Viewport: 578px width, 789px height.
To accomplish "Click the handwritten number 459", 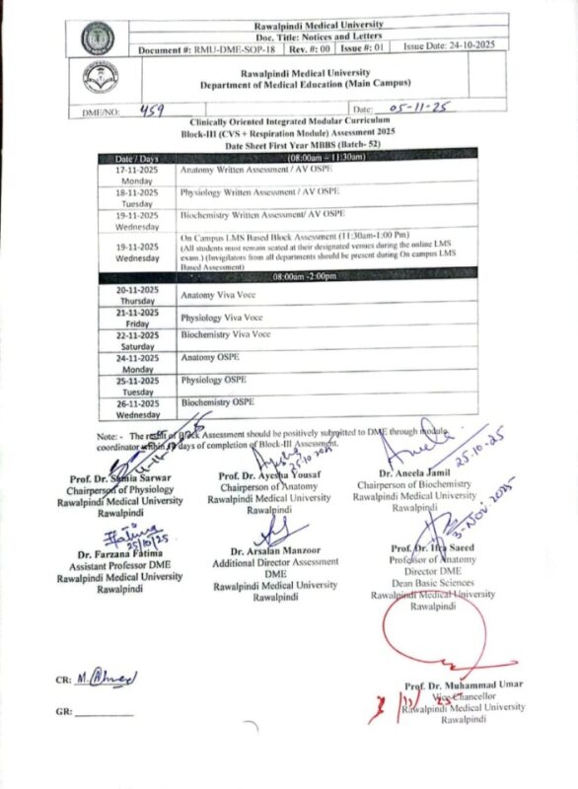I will point(159,111).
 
